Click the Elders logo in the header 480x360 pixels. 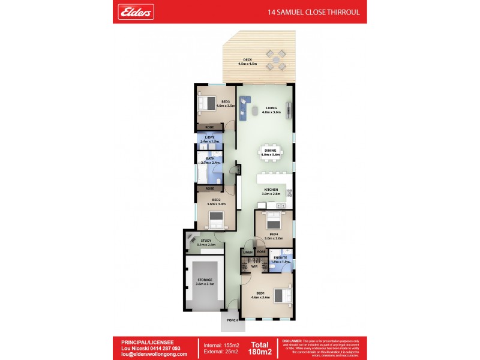coord(137,11)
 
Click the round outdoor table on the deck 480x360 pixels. coord(277,59)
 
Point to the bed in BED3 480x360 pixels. coord(208,103)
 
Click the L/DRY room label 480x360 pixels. coord(209,139)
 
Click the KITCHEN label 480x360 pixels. coord(271,191)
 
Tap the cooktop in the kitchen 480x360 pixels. coord(289,193)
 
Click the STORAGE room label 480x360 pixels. coord(205,281)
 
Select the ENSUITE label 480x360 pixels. coord(280,259)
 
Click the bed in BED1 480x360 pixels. coord(280,295)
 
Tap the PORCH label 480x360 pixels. coord(231,320)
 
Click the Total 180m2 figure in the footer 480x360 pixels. coord(260,348)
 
